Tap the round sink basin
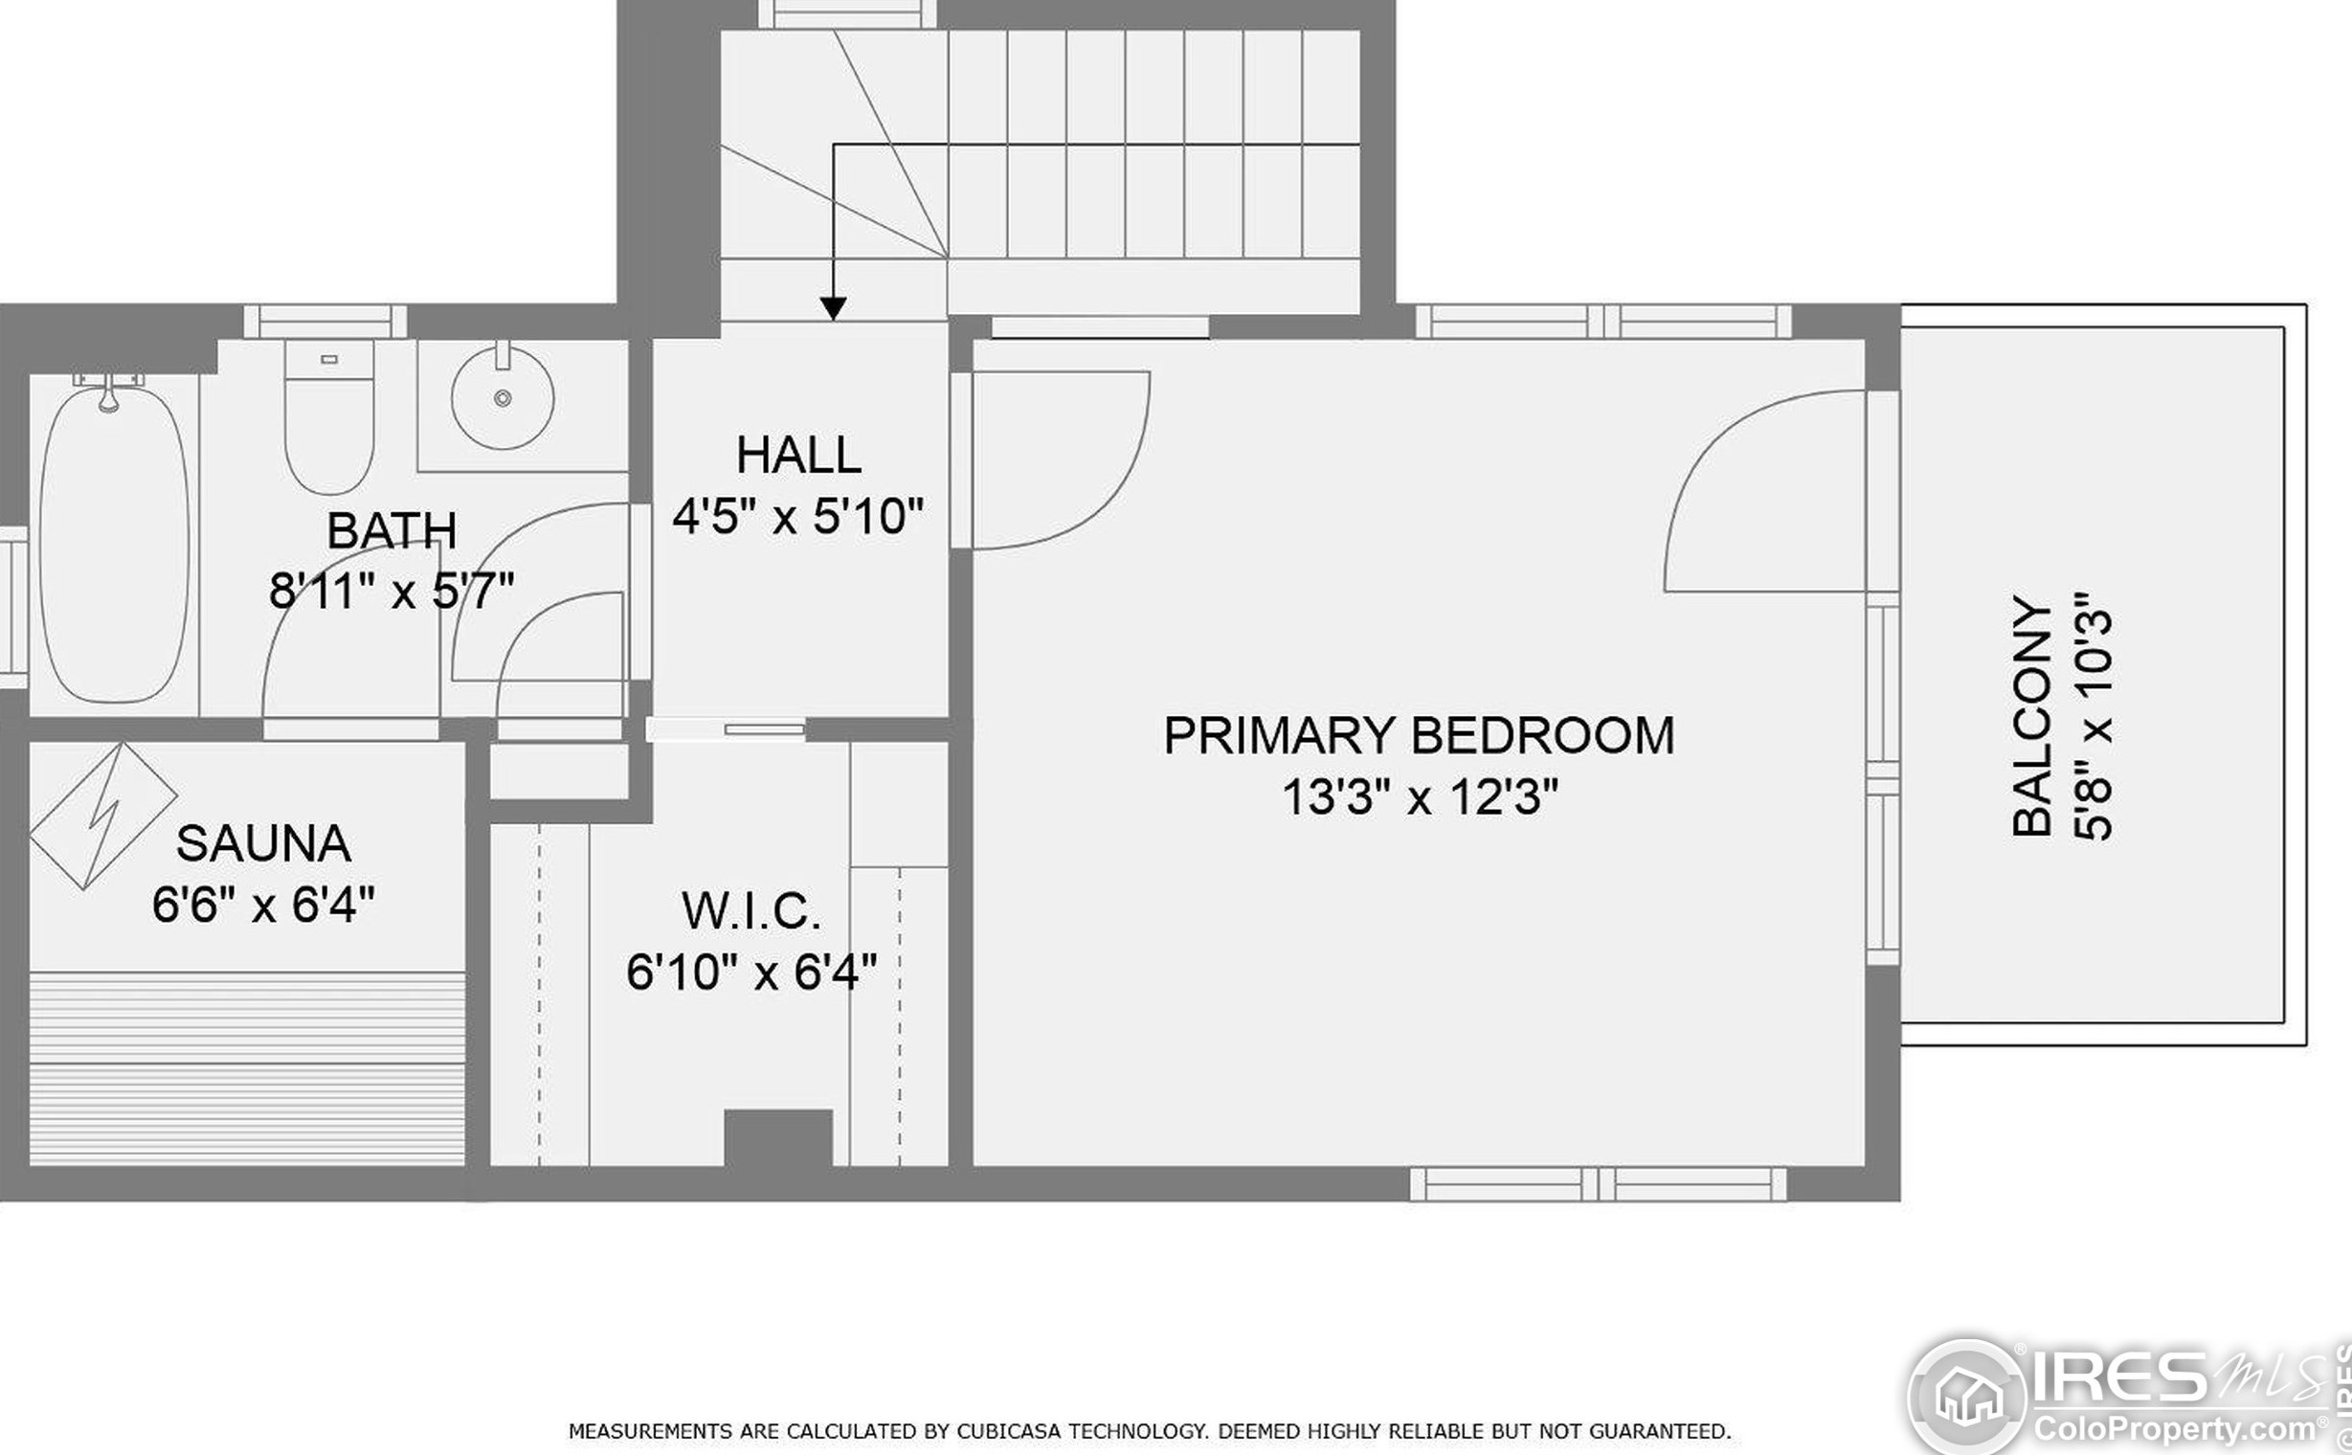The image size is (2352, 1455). point(503,396)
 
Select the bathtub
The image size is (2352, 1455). point(114,545)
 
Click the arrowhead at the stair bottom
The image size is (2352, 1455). point(834,308)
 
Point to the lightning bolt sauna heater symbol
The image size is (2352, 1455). point(103,816)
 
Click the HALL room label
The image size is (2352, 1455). point(797,456)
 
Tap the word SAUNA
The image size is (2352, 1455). point(263,844)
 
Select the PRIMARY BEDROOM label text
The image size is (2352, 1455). point(1420,736)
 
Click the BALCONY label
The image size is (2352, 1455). point(2032,716)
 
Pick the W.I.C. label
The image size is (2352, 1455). point(751,911)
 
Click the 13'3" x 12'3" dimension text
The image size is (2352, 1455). point(1420,797)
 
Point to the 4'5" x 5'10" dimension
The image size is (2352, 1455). point(797,517)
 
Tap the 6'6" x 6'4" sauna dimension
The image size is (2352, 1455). point(263,906)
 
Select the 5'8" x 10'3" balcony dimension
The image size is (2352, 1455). point(2094,716)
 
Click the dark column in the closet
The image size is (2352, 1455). point(777,1138)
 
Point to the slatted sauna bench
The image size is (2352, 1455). point(247,1067)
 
